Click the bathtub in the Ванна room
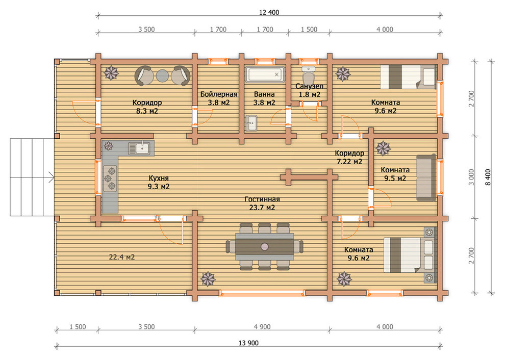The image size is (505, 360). (265, 75)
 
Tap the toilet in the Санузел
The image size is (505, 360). (309, 75)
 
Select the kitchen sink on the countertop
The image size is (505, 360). (139, 148)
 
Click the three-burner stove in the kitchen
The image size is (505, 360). (110, 178)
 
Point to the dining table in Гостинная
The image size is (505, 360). (264, 247)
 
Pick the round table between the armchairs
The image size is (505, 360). (163, 75)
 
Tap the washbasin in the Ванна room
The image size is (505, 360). (251, 123)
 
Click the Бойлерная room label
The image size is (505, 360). (219, 94)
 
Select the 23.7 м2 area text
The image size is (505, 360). (262, 208)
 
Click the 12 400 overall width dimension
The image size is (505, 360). (269, 12)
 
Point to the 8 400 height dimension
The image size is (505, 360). (488, 177)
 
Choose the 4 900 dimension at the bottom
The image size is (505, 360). (262, 327)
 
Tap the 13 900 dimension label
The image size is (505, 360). (248, 343)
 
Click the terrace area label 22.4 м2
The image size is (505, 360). (122, 257)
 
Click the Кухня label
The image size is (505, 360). (159, 178)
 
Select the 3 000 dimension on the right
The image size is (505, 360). (471, 177)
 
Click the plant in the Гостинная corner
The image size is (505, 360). (208, 279)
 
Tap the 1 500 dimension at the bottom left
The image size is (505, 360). (78, 327)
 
